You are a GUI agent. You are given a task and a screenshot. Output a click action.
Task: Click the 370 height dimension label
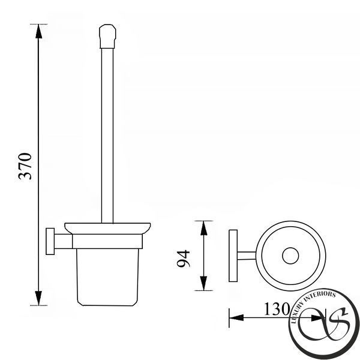[x=25, y=166]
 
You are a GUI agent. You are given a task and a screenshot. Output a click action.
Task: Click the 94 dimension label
[x=184, y=259]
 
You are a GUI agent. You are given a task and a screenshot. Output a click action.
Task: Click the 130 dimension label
[x=277, y=309]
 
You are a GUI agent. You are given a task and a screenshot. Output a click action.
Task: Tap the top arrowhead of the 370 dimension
[x=38, y=31]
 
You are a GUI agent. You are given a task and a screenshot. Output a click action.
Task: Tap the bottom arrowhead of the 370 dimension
[x=38, y=298]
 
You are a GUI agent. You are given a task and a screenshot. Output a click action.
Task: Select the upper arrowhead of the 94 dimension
[x=203, y=228]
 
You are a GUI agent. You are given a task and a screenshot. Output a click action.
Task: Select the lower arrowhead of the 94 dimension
[x=203, y=283]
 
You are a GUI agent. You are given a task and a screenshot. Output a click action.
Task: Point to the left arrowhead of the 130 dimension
[x=236, y=318]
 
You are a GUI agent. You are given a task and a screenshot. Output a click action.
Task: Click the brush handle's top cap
[x=107, y=36]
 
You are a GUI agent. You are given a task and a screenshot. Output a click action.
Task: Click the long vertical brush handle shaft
[x=107, y=136]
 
